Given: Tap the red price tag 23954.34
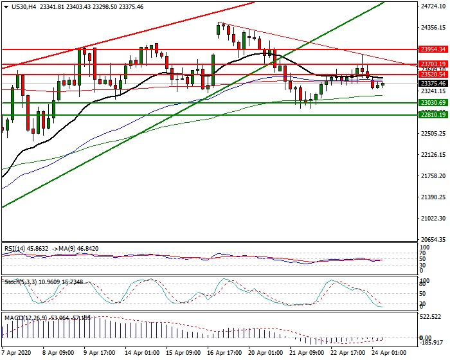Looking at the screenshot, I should tap(432, 49).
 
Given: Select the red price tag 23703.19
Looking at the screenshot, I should tap(432, 64).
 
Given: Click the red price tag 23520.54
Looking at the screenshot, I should tap(432, 75).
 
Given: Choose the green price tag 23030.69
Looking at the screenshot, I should tap(432, 103).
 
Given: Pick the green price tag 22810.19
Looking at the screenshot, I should tap(432, 115).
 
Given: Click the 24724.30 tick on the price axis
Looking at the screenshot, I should tap(433, 6).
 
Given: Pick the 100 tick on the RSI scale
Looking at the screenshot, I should tap(424, 247).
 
